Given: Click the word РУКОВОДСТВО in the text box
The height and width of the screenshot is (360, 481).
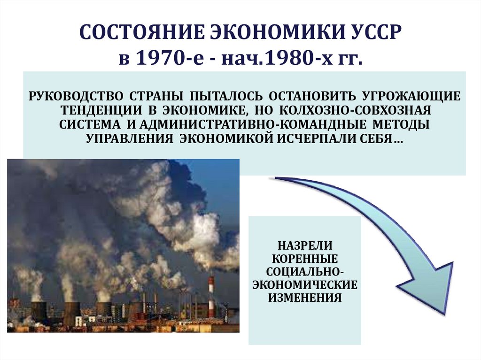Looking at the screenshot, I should [75, 96].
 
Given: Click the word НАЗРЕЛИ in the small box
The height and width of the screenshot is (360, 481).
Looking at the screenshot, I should [305, 245].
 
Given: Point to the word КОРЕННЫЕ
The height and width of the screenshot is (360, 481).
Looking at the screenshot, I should [305, 259].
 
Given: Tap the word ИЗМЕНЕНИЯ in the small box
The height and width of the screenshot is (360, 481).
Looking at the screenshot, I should [305, 298].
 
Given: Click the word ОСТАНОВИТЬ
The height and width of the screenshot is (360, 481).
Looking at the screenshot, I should [312, 96].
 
